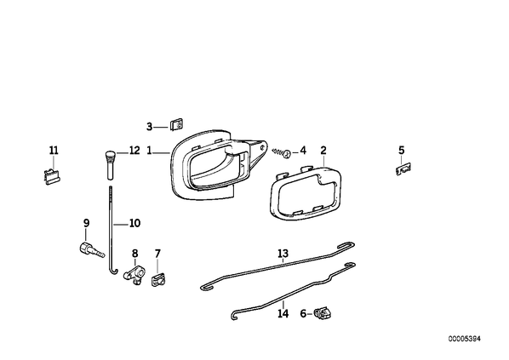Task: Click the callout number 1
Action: pyautogui.click(x=149, y=151)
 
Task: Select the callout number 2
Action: pyautogui.click(x=323, y=151)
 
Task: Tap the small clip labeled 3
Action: pyautogui.click(x=177, y=124)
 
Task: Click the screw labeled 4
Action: pyautogui.click(x=282, y=152)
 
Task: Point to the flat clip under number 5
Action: pyautogui.click(x=403, y=169)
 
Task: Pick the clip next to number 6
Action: pyautogui.click(x=323, y=313)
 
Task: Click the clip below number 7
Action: pyautogui.click(x=158, y=279)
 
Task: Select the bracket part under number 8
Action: pyautogui.click(x=134, y=273)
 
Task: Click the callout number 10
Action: pyautogui.click(x=134, y=223)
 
